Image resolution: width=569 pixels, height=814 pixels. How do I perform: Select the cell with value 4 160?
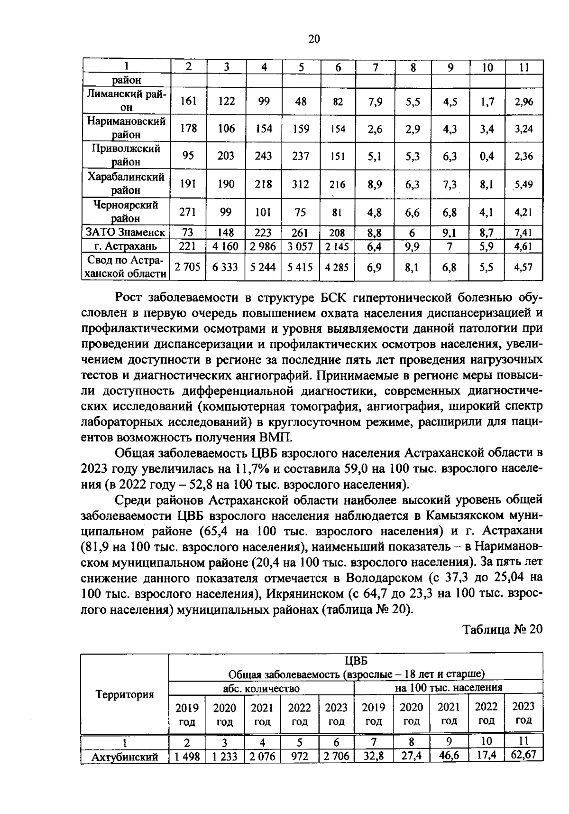coord(225,246)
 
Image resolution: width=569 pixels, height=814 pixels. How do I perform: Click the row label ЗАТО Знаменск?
coord(125,233)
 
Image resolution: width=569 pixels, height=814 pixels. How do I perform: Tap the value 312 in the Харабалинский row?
coord(301,184)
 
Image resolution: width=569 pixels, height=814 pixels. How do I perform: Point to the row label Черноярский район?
coord(125,212)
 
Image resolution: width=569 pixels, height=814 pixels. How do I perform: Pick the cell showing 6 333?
coord(225,267)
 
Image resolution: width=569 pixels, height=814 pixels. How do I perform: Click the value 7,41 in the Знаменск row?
coord(523,233)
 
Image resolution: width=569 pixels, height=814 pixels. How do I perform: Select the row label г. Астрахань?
coord(125,246)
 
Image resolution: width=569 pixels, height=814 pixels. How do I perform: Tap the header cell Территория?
coord(125,695)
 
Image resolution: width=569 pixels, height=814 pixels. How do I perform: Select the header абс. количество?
coord(261,688)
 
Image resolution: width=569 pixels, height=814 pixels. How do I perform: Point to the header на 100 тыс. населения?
coord(449,687)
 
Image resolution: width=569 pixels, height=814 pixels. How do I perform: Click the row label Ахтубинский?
coord(125,757)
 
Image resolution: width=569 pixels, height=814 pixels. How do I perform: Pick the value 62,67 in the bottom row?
coord(523,754)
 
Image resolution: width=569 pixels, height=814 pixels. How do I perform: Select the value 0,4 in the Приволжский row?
coord(487,156)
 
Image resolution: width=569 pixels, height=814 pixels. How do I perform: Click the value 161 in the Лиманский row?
coord(188,101)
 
